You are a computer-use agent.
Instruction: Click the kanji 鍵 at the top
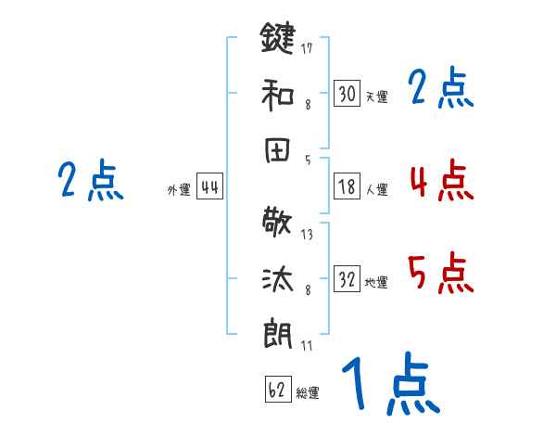(x=277, y=39)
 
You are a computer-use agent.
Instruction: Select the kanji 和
(x=277, y=95)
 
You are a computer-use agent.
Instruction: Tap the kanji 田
(x=277, y=151)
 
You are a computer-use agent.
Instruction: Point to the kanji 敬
(x=277, y=223)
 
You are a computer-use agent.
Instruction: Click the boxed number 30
(x=347, y=94)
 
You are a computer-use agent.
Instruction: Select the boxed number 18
(x=347, y=186)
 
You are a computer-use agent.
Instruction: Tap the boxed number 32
(x=347, y=280)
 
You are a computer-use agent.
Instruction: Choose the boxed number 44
(x=210, y=187)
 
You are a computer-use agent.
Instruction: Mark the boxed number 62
(x=277, y=390)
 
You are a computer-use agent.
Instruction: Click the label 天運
(x=376, y=96)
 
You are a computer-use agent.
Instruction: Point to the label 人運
(x=376, y=189)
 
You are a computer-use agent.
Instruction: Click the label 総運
(x=308, y=392)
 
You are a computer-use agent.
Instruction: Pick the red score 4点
(x=440, y=181)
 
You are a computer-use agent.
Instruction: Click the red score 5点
(x=440, y=274)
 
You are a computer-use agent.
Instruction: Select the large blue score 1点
(x=389, y=384)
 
